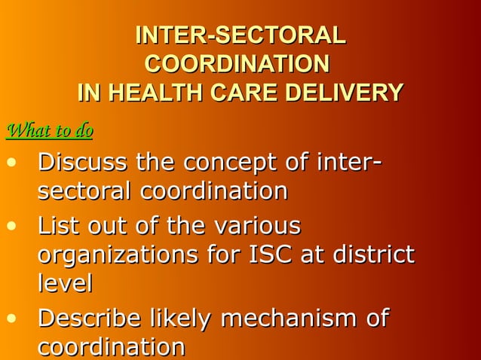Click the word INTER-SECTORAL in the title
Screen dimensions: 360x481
point(240,35)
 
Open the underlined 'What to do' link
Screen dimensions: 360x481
point(49,131)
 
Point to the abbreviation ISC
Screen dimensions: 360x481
point(267,255)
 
